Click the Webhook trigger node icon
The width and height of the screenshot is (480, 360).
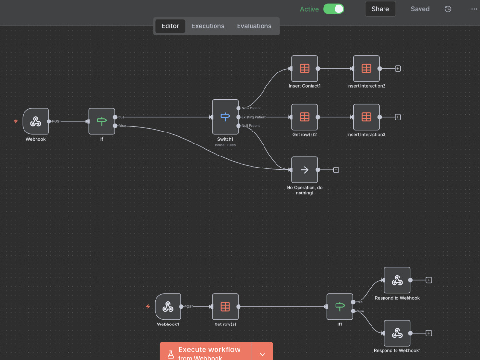click(x=36, y=121)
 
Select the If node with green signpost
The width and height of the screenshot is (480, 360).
click(x=102, y=121)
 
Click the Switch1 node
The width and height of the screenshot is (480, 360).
click(x=225, y=117)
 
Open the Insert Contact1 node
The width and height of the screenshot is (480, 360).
click(x=305, y=69)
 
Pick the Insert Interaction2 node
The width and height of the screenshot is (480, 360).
click(x=366, y=69)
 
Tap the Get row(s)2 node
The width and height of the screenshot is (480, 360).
click(x=305, y=117)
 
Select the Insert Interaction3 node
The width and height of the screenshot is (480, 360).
click(x=366, y=117)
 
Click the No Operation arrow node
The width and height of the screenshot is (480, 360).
click(x=305, y=170)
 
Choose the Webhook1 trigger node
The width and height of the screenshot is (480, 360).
click(x=168, y=306)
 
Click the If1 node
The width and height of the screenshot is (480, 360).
click(x=340, y=306)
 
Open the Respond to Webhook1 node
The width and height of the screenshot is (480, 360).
click(x=397, y=333)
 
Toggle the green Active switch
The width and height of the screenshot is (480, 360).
click(x=334, y=9)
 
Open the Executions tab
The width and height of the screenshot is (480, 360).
click(x=208, y=26)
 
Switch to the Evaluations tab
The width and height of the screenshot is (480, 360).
click(x=254, y=26)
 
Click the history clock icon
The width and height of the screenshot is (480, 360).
click(x=448, y=9)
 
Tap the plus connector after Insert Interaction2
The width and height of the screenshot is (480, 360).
click(x=397, y=69)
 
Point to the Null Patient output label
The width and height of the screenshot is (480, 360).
click(x=251, y=125)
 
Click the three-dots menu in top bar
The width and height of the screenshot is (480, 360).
click(x=474, y=9)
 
